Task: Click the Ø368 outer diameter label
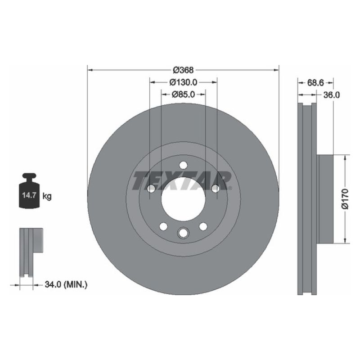pyautogui.click(x=183, y=70)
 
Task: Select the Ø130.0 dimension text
pyautogui.click(x=183, y=82)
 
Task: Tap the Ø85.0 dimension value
pyautogui.click(x=183, y=94)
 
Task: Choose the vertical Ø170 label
pyautogui.click(x=346, y=198)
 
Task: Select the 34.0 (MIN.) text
pyautogui.click(x=66, y=284)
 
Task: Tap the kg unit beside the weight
pyautogui.click(x=47, y=196)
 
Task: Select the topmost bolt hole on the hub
pyautogui.click(x=183, y=166)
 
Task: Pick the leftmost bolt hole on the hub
pyautogui.click(x=151, y=189)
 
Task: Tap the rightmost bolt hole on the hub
pyautogui.click(x=216, y=189)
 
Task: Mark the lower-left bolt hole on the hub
pyautogui.click(x=163, y=226)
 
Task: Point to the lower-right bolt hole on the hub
pyautogui.click(x=203, y=226)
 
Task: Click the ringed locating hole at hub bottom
pyautogui.click(x=183, y=233)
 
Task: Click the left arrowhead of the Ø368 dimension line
pyautogui.click(x=89, y=70)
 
